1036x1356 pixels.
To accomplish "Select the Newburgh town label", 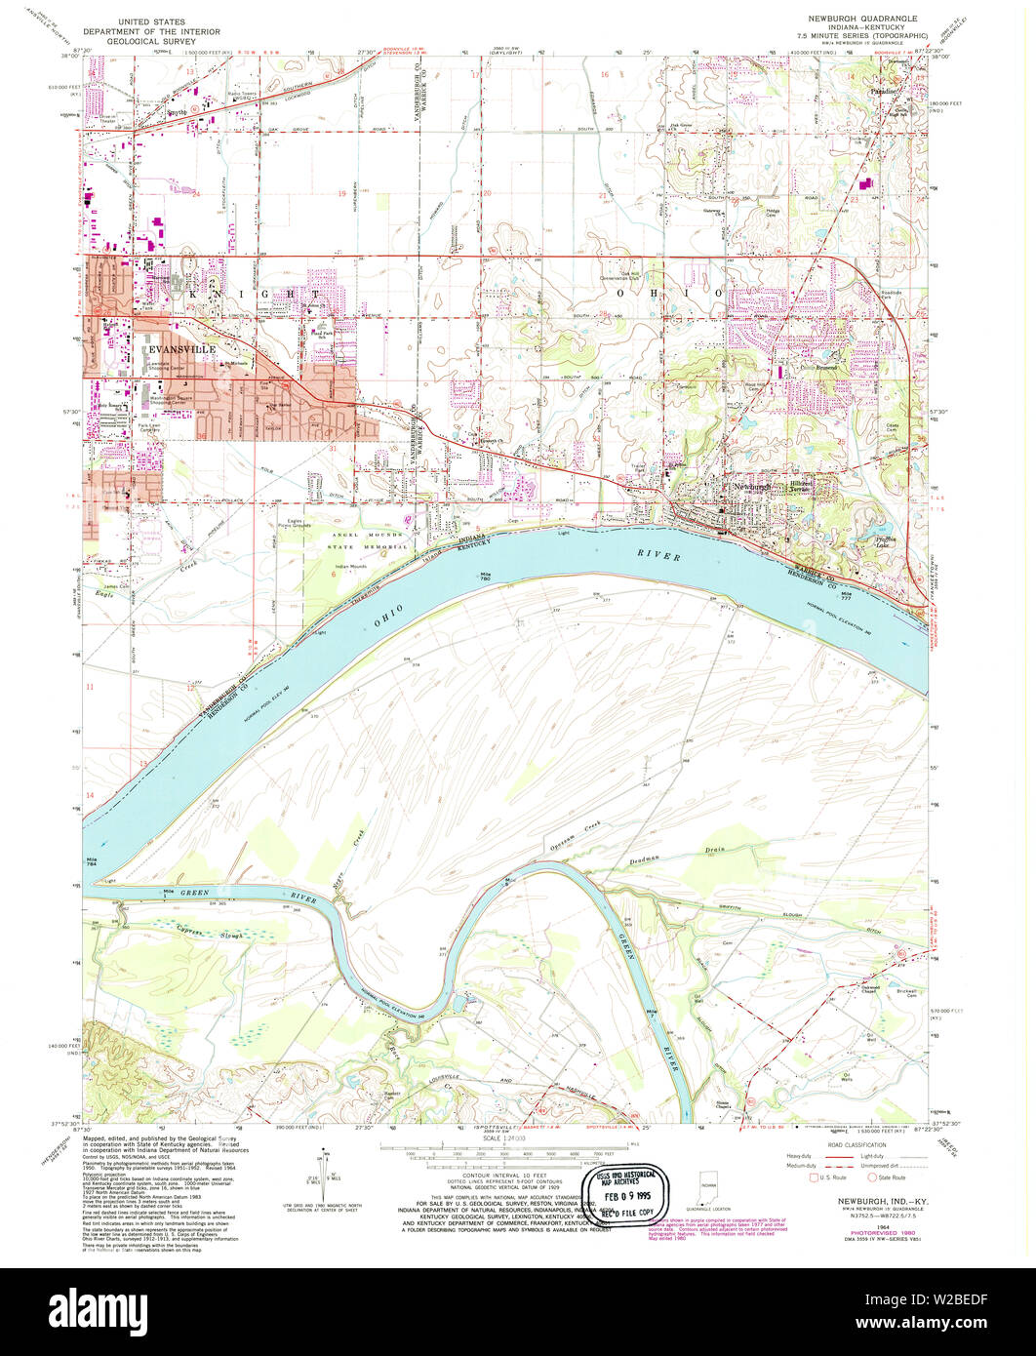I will [754, 486].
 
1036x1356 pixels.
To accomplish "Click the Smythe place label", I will [177, 112].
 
